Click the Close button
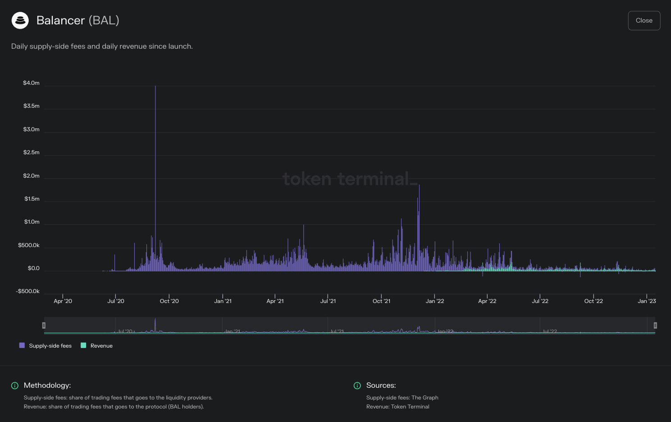tap(644, 21)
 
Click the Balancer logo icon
tap(20, 20)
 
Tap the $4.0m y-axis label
tap(31, 83)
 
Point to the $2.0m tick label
tap(31, 176)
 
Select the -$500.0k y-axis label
tap(28, 291)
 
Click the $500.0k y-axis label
tap(29, 245)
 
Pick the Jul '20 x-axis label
tap(116, 301)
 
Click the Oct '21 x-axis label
tap(381, 301)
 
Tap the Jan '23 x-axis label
tap(647, 301)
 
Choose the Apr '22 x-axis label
tap(487, 301)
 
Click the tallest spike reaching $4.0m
tap(155, 87)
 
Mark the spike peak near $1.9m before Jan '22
tap(419, 186)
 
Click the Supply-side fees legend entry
tap(46, 346)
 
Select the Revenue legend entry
tap(97, 346)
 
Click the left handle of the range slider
tap(44, 325)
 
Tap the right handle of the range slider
tap(655, 325)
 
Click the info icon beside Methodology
tap(15, 385)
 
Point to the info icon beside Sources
tap(357, 385)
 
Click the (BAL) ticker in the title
tap(104, 20)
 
